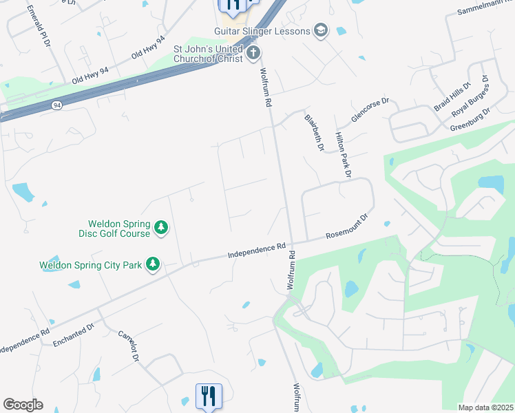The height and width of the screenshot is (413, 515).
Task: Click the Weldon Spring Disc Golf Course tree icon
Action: pyautogui.click(x=161, y=226)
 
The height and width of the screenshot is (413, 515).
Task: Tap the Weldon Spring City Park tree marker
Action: pyautogui.click(x=152, y=264)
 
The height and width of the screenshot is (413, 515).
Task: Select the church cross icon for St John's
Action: pyautogui.click(x=253, y=52)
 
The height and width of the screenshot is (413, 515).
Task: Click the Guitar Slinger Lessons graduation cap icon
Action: pyautogui.click(x=320, y=30)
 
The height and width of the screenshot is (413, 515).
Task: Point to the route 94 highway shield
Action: pyautogui.click(x=56, y=105)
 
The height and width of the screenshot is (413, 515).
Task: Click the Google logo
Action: pyautogui.click(x=23, y=405)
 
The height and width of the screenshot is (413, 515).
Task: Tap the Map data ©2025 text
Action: pyautogui.click(x=485, y=407)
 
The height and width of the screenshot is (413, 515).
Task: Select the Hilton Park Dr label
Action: pyautogui.click(x=343, y=156)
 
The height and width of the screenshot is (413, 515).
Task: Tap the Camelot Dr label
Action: pyautogui.click(x=128, y=344)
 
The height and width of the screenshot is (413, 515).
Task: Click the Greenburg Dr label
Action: pyautogui.click(x=470, y=120)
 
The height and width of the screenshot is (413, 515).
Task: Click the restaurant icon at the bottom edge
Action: pyautogui.click(x=209, y=396)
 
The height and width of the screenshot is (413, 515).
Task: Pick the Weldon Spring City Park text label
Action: pyautogui.click(x=91, y=264)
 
